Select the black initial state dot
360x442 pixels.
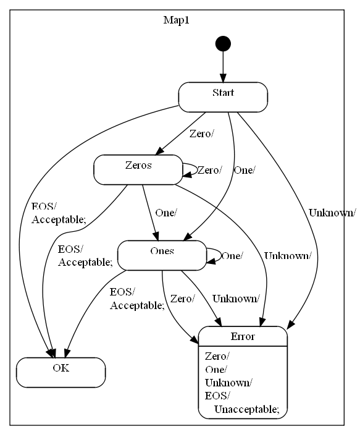click(x=222, y=44)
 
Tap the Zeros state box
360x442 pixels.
click(x=136, y=169)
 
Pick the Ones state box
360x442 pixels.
click(x=161, y=255)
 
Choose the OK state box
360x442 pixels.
click(x=61, y=372)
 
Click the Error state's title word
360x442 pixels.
click(x=242, y=337)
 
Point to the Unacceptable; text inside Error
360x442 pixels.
click(x=246, y=409)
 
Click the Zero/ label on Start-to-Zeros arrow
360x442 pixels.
click(x=201, y=134)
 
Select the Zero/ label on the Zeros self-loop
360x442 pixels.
click(x=209, y=170)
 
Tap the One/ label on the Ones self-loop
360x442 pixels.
click(x=232, y=255)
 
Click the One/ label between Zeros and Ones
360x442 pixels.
click(x=166, y=213)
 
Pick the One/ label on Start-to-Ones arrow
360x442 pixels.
click(x=244, y=170)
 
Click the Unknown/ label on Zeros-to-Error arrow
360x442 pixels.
click(x=287, y=255)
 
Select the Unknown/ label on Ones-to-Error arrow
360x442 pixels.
click(x=235, y=299)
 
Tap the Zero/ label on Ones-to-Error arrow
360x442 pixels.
click(x=182, y=299)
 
